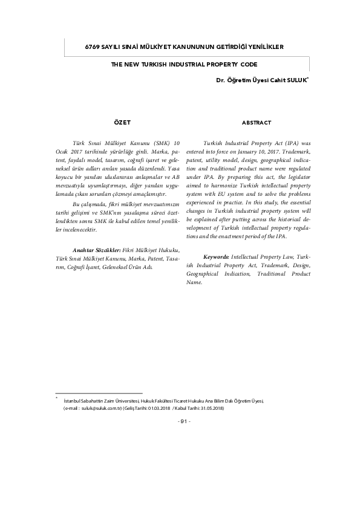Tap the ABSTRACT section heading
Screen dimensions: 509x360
(256, 123)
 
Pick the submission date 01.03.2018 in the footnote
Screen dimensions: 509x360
(158, 408)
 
